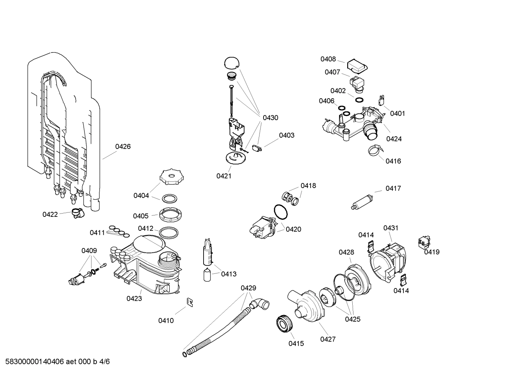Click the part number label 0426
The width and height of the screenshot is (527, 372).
coord(123,147)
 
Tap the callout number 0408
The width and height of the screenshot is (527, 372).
coord(328,59)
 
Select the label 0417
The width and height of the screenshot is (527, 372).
coord(393,188)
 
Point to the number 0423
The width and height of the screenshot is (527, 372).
coord(134,299)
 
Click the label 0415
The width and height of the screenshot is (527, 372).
coord(296,344)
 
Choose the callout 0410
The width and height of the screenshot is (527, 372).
coord(166,321)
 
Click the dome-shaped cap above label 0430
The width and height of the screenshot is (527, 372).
coord(231,62)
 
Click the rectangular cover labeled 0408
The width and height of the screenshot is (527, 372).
coord(357,66)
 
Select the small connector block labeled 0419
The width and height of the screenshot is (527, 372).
coord(424,242)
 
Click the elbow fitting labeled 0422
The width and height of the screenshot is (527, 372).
coord(77,212)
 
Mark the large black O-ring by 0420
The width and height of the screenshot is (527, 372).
coord(281,212)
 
